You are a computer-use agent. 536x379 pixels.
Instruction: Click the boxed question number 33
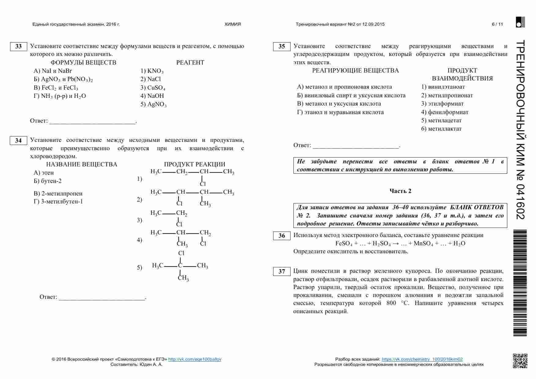(19, 46)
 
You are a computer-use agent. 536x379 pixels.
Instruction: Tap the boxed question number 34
(19, 140)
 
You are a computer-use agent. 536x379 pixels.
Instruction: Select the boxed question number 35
(282, 46)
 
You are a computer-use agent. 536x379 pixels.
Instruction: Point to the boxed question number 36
(282, 236)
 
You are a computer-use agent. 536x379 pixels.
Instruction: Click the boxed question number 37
(282, 272)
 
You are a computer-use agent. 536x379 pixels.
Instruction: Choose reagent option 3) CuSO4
(153, 88)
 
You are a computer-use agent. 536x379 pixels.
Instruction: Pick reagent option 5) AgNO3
(153, 104)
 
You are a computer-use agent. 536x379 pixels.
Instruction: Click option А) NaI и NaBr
(53, 71)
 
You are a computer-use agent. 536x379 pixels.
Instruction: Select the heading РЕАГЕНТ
(190, 63)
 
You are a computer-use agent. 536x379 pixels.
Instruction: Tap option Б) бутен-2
(48, 181)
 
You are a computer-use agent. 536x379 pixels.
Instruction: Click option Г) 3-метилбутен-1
(58, 202)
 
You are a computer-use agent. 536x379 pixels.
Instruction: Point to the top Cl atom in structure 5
(181, 253)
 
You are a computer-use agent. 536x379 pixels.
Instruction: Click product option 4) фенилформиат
(445, 112)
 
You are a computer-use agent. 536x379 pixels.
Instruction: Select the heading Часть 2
(400, 191)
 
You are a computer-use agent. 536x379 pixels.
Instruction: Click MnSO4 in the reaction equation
(423, 244)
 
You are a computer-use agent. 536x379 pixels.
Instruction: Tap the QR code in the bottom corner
(520, 361)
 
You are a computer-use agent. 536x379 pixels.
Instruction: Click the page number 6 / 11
(497, 24)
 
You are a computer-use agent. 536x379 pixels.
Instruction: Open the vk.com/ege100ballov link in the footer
(195, 359)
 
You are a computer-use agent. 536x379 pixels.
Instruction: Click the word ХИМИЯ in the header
(233, 24)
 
